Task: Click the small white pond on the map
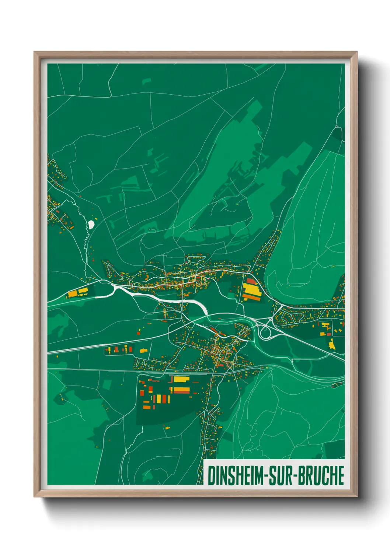click(91, 224)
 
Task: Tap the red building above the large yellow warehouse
click(251, 281)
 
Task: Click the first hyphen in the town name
click(265, 476)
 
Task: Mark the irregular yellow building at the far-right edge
click(331, 344)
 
